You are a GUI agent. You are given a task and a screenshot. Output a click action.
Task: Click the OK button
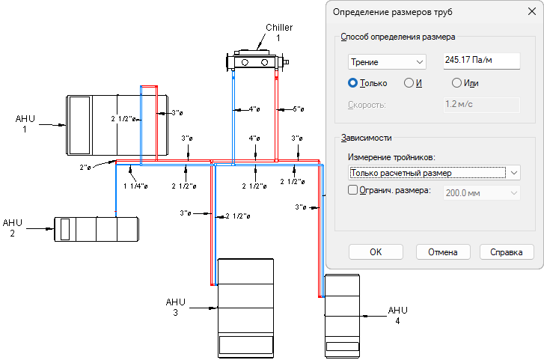tap(376, 252)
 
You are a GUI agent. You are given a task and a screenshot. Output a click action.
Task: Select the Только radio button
tap(353, 83)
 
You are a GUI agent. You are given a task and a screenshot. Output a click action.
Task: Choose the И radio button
tap(409, 83)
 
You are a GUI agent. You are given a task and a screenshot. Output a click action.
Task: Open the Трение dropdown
tap(387, 62)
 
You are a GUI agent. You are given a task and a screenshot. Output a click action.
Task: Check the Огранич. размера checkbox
tap(354, 191)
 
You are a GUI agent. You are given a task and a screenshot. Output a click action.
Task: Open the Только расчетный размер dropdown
tap(434, 173)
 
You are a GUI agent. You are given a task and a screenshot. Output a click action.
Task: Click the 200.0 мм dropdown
tap(482, 192)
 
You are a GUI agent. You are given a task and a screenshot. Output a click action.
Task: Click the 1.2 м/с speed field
tap(477, 104)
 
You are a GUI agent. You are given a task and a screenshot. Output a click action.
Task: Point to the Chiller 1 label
tap(279, 33)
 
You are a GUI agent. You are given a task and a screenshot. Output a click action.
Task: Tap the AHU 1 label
tap(25, 123)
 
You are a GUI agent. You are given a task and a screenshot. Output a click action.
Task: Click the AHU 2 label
tap(13, 228)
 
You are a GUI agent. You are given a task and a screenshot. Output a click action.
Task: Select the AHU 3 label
tap(175, 307)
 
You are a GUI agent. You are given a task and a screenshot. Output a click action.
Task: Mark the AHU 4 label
tap(397, 315)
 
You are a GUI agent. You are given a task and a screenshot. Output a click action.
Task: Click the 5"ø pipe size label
tap(297, 109)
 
